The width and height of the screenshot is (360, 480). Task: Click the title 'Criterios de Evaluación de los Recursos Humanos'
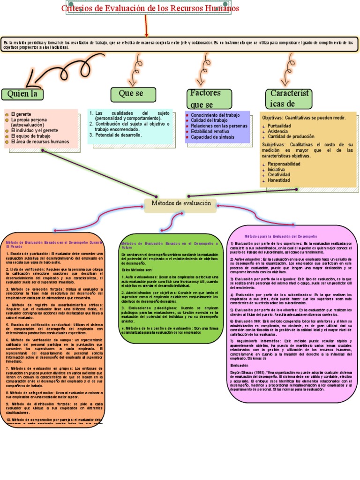(150, 8)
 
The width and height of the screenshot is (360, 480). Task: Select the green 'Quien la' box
(22, 94)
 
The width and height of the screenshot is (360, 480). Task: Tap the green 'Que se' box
(133, 94)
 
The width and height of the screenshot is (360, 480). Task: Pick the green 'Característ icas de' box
(289, 98)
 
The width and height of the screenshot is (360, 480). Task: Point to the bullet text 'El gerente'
(21, 114)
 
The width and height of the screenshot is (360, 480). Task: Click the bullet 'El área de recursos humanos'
(40, 142)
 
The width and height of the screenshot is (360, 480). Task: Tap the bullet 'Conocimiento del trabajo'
(215, 115)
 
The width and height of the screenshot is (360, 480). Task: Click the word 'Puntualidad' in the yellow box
(279, 126)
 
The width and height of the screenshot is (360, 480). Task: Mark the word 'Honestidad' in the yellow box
(279, 180)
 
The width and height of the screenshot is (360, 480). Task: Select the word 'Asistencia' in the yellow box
(278, 132)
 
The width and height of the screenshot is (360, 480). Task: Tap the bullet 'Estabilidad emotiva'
(213, 132)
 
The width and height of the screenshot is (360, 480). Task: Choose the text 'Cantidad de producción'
(294, 137)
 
